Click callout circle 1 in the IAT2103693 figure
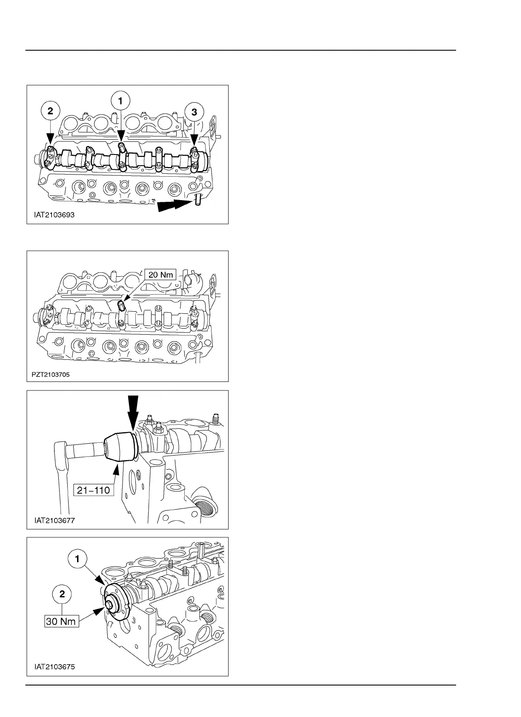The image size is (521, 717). (x=120, y=101)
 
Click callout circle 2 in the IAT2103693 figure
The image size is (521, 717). (x=51, y=112)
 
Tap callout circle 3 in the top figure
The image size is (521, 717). (x=195, y=112)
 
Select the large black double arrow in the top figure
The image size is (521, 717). (x=174, y=206)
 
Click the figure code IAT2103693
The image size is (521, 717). (x=54, y=215)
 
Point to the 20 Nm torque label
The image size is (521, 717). (x=160, y=275)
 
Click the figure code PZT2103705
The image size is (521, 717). (x=51, y=375)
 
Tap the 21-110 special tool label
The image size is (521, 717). (x=94, y=490)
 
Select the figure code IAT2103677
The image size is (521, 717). (x=54, y=520)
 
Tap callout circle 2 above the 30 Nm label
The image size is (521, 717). (x=62, y=594)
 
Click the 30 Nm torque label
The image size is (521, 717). (x=62, y=622)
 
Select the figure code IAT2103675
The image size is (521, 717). (x=54, y=667)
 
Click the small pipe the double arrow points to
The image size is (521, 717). (x=198, y=200)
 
